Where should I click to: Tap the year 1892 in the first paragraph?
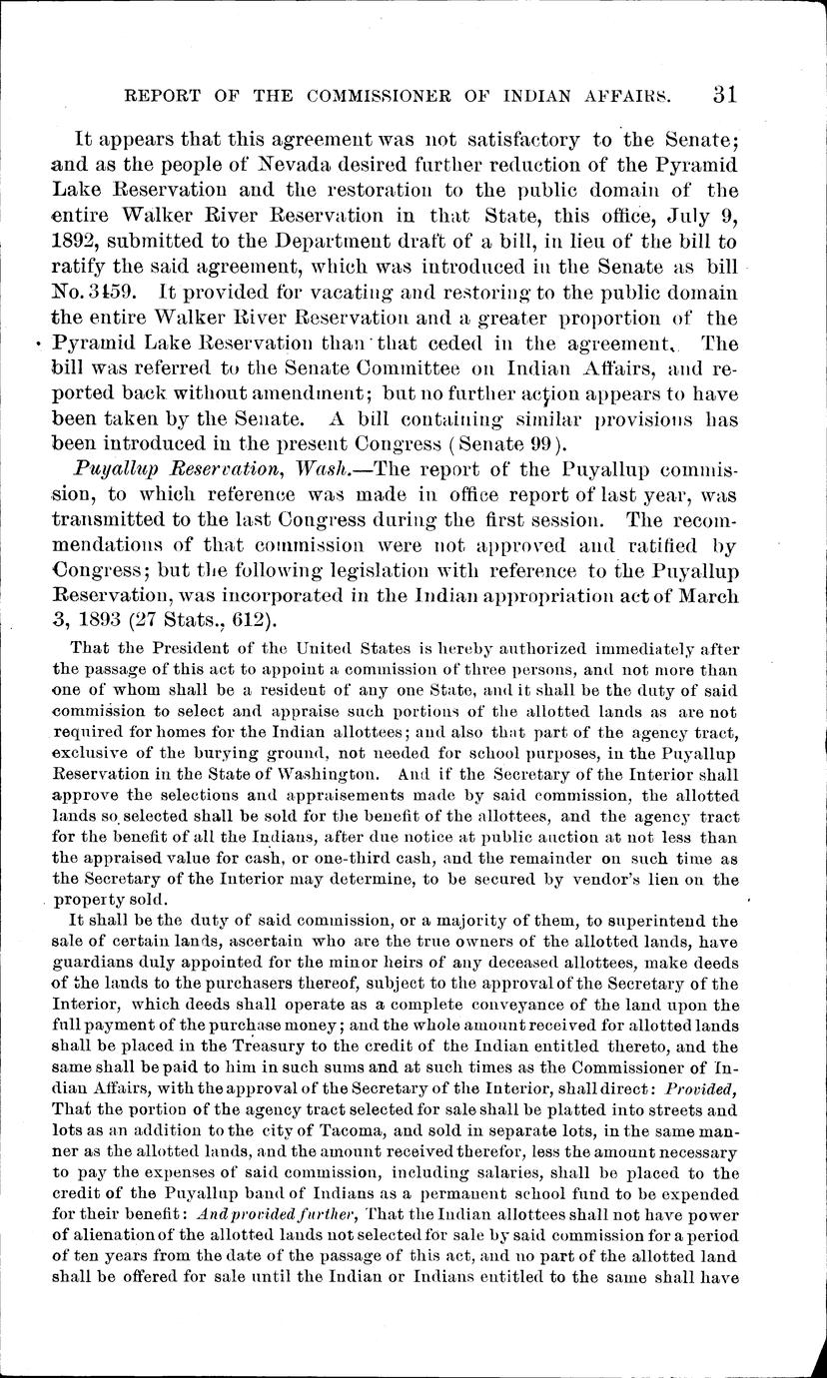coord(78,242)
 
